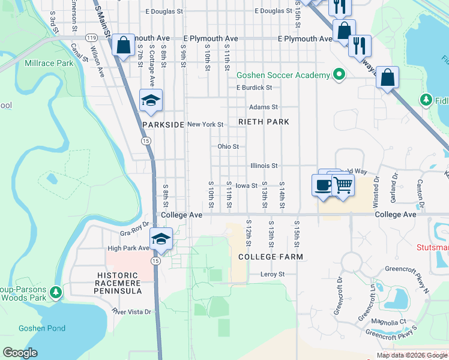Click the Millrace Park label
[49, 63]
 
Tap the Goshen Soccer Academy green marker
[339, 75]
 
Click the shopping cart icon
[342, 185]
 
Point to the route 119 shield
[92, 37]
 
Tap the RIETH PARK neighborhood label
[264, 122]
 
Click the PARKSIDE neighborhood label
[163, 125]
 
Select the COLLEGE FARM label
[270, 257]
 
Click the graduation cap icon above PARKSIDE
[151, 100]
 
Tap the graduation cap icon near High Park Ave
[161, 239]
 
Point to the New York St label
[205, 125]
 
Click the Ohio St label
[228, 146]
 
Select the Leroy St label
[272, 274]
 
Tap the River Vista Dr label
[131, 311]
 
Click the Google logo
[20, 353]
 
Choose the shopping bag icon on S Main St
[123, 45]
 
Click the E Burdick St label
[254, 88]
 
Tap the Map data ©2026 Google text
[411, 355]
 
